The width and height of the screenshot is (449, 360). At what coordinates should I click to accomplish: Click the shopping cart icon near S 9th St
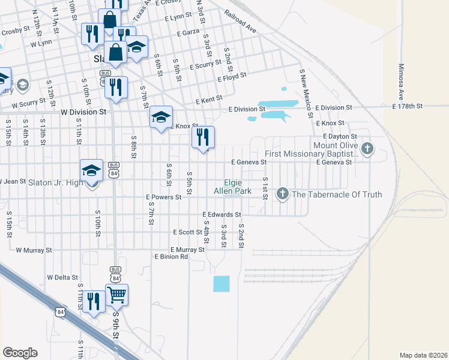[x=116, y=294]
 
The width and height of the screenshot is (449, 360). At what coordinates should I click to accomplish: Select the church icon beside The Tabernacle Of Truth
[x=282, y=194]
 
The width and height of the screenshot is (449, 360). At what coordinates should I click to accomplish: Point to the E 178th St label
[x=408, y=106]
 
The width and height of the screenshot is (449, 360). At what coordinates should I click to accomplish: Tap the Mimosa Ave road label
[x=401, y=82]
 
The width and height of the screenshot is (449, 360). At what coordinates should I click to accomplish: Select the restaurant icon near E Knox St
[x=203, y=137]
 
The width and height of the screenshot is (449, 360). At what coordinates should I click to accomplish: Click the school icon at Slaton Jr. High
[x=92, y=170]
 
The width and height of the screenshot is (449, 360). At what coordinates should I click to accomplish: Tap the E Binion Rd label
[x=172, y=257]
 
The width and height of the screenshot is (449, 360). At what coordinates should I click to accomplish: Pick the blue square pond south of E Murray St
[x=221, y=284]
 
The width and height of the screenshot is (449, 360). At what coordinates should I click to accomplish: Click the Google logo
[x=20, y=353]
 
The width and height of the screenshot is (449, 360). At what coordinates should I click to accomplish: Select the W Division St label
[x=83, y=112]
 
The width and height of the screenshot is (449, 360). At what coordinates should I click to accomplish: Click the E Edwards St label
[x=221, y=214]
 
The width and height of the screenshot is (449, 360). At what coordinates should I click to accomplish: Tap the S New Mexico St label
[x=306, y=92]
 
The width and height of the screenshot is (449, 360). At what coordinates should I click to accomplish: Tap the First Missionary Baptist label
[x=312, y=154]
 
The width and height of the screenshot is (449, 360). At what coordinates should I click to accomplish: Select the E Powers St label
[x=163, y=197]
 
